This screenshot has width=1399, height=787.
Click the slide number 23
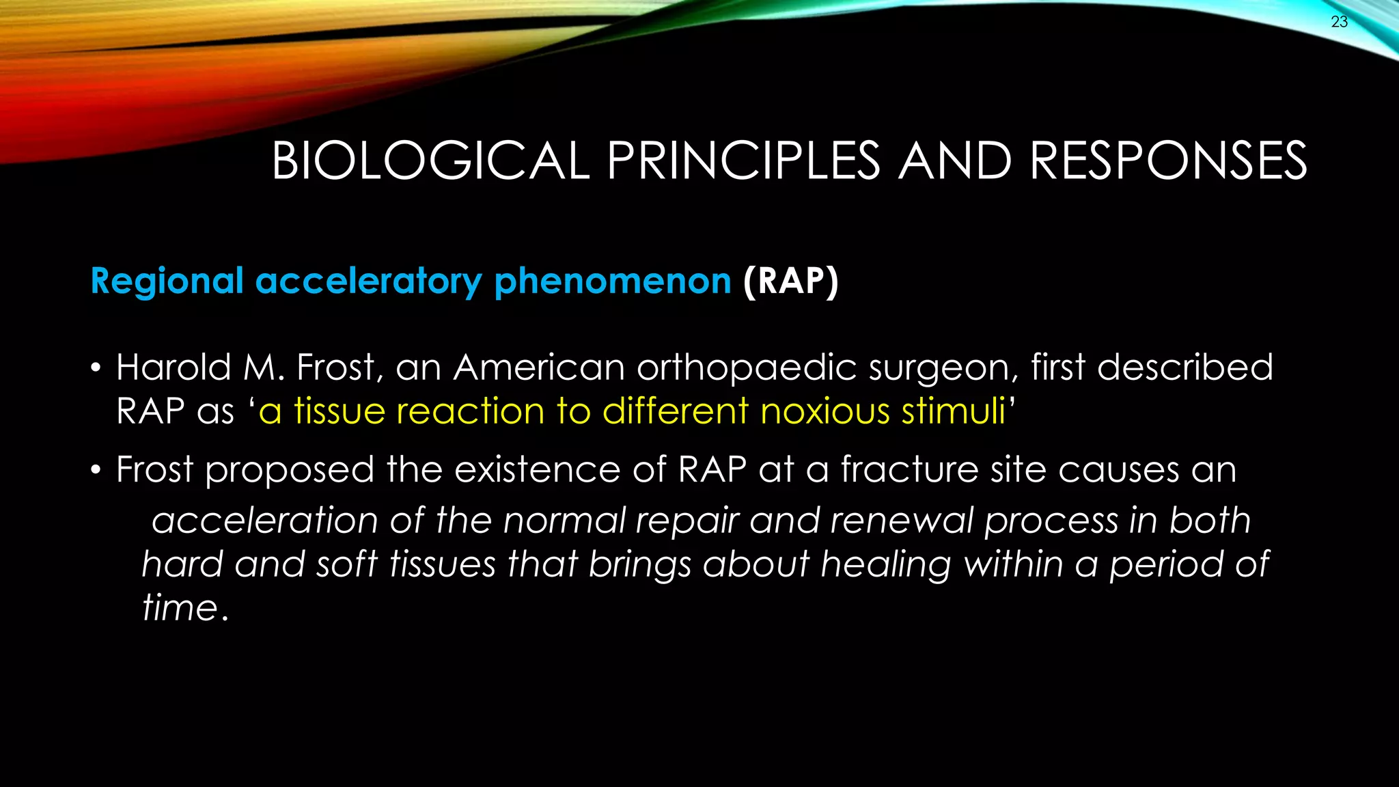tap(1339, 22)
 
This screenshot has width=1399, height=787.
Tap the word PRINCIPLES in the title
tap(743, 161)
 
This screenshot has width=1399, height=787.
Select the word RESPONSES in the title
tap(1168, 161)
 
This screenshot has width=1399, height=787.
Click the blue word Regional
tap(167, 281)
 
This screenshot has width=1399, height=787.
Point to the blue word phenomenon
tap(612, 281)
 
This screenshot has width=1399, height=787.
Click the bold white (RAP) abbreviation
tap(790, 281)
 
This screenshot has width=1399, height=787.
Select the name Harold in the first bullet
tap(174, 368)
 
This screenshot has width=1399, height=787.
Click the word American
tap(539, 368)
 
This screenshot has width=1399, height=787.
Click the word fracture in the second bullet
tap(908, 470)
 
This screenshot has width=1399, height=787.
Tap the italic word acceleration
tap(264, 521)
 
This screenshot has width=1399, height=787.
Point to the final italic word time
tap(180, 608)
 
